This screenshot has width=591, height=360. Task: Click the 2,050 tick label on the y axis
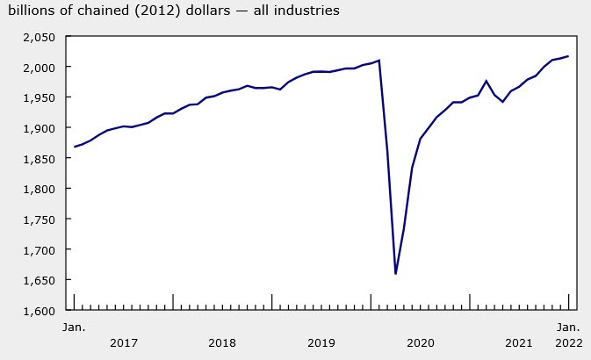tap(39, 37)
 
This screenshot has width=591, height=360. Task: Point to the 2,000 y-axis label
tap(39, 68)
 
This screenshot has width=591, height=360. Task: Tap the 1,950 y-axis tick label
tap(39, 97)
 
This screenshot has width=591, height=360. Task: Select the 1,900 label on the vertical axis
tap(39, 128)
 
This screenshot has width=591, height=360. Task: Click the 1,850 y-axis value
tap(39, 158)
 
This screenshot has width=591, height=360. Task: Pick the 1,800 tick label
tap(39, 189)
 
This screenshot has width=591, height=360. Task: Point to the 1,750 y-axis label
tap(39, 220)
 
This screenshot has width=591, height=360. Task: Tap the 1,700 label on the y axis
tap(39, 249)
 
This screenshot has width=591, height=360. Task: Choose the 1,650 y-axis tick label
tap(39, 280)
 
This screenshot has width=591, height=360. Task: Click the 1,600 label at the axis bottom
tap(39, 310)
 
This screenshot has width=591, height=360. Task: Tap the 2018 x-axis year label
tap(223, 342)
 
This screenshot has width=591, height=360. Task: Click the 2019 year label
tap(322, 342)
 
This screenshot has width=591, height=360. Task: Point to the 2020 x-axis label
tap(421, 342)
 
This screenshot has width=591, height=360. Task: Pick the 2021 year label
tap(520, 342)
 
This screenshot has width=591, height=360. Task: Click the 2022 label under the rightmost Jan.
tap(569, 342)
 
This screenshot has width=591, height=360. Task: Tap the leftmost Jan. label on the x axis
tap(74, 328)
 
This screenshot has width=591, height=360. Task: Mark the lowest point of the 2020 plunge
tap(396, 274)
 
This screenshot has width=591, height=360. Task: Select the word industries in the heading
tap(306, 11)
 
